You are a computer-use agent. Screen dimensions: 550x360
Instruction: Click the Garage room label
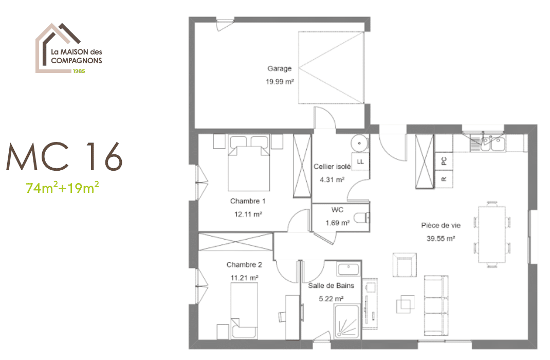(280, 68)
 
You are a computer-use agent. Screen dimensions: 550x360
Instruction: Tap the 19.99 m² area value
(280, 82)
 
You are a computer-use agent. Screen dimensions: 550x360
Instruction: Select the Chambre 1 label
(248, 201)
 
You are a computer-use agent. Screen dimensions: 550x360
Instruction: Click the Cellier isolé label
(332, 167)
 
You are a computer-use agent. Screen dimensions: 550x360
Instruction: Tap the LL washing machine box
(360, 162)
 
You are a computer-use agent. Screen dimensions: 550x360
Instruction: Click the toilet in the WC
(362, 218)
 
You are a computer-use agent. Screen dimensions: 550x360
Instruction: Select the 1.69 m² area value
(337, 223)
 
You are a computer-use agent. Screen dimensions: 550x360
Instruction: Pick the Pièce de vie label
(441, 226)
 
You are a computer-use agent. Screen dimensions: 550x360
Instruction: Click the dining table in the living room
(492, 235)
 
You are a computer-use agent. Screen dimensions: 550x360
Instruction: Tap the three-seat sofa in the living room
(436, 306)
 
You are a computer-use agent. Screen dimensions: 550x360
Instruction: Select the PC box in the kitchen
(444, 161)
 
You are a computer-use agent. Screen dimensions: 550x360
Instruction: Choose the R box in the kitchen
(444, 179)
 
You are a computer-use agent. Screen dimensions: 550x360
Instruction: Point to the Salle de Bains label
(331, 286)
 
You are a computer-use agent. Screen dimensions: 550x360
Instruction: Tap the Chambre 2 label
(244, 264)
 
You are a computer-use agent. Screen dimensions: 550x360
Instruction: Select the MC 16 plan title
(65, 157)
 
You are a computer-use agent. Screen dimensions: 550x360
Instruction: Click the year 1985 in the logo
(79, 71)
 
